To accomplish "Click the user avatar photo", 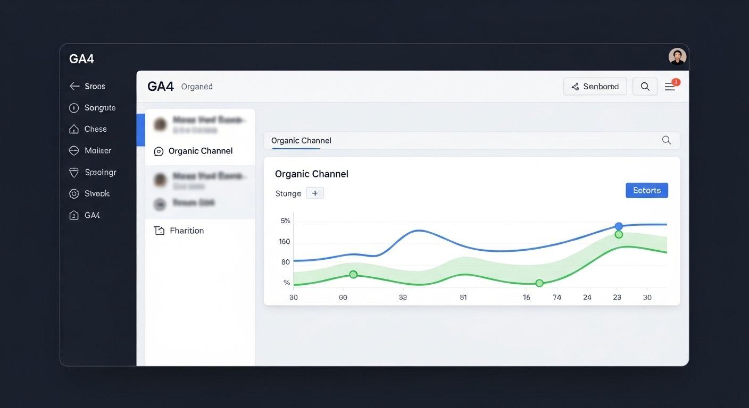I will [677, 56].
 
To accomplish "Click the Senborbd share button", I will [595, 87].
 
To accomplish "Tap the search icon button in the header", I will [645, 87].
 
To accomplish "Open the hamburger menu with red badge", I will [670, 87].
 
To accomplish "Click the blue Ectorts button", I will [646, 190].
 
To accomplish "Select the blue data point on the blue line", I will [619, 226].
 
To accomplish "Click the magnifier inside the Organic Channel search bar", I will [666, 140].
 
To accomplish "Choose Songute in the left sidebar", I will [99, 108].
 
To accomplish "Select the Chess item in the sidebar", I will [95, 129].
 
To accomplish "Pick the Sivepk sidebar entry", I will [96, 194].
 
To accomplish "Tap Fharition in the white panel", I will [186, 231].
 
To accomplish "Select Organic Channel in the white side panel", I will [200, 151].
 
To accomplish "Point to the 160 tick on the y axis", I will [284, 242].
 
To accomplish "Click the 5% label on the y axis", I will [285, 221].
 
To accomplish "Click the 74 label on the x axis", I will [556, 297].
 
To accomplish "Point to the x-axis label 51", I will [463, 297].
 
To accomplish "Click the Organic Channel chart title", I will [311, 174].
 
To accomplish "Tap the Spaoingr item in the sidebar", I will [100, 172].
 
